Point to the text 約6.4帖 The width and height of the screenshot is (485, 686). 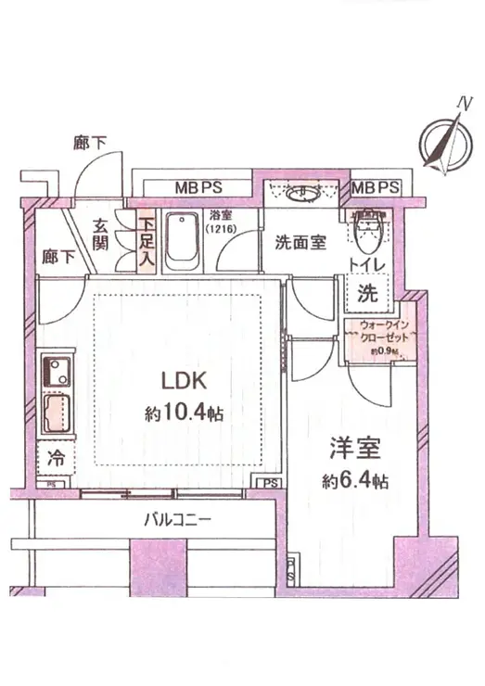click(x=357, y=482)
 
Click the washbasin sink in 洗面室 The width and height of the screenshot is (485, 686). click(x=303, y=195)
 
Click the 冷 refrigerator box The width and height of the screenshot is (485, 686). click(x=53, y=457)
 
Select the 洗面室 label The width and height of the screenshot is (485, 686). click(x=300, y=243)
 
